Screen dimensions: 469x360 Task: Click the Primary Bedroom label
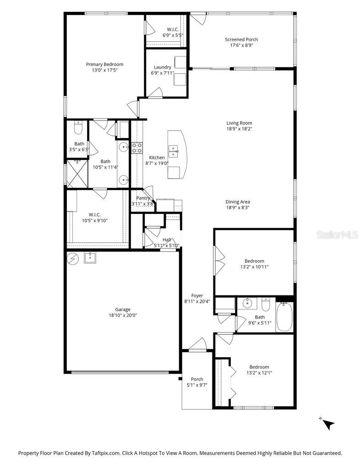pyautogui.click(x=104, y=65)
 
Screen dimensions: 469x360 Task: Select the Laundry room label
pyautogui.click(x=163, y=67)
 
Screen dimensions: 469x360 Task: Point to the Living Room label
pyautogui.click(x=239, y=123)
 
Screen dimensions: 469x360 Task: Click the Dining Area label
pyautogui.click(x=237, y=202)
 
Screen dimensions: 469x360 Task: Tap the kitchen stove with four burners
pyautogui.click(x=136, y=147)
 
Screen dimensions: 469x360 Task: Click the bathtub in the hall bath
pyautogui.click(x=284, y=316)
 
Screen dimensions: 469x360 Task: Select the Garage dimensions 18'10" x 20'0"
pyautogui.click(x=123, y=315)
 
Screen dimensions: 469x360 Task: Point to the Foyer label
pyautogui.click(x=197, y=295)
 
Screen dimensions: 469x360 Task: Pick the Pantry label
pyautogui.click(x=143, y=198)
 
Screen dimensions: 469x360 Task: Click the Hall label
pyautogui.click(x=167, y=240)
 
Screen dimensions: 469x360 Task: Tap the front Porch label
pyautogui.click(x=197, y=379)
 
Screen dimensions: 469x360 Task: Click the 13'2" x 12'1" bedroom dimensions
pyautogui.click(x=259, y=372)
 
